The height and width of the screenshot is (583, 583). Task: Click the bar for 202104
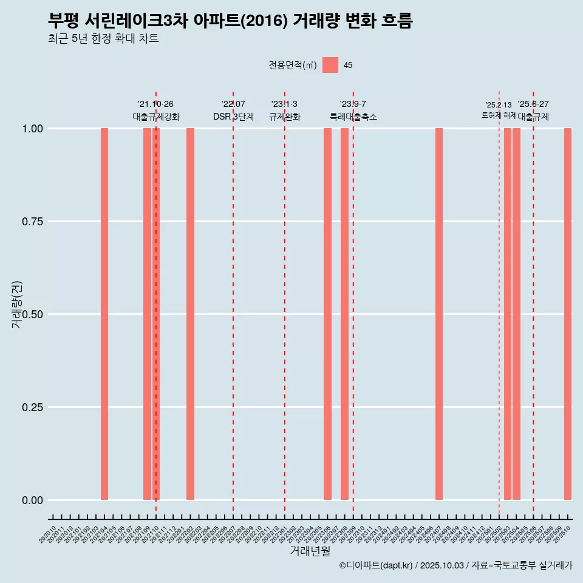pos(104,314)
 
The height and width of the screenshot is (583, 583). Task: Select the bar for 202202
pos(190,314)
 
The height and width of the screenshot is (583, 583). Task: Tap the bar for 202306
pos(327,314)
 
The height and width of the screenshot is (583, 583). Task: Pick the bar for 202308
pos(344,314)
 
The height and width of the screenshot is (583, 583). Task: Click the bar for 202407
pos(439,314)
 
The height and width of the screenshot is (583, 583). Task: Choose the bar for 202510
pos(568,314)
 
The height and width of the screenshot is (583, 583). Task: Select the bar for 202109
pos(147,314)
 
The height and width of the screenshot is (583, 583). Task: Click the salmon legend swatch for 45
pos(330,65)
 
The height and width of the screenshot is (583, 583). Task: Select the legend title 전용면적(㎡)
pos(293,65)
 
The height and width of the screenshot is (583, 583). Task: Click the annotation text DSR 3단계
pos(233,117)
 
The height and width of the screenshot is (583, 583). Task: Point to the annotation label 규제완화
pos(285,117)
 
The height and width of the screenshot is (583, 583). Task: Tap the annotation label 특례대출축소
pos(353,117)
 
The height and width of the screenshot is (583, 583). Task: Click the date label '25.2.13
pos(499,105)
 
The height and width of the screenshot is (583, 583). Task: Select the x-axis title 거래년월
pos(310,551)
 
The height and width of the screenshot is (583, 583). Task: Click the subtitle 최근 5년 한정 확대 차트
pos(103,39)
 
